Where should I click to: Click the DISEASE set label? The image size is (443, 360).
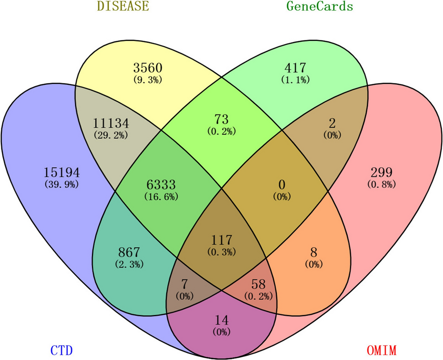123,6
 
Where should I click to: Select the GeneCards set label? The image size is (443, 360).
319,6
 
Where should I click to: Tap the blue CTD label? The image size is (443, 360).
61,351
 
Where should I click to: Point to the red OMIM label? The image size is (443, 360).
381,351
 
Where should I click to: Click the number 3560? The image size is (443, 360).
148,68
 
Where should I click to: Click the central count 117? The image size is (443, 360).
221,239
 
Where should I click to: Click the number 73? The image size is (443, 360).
221,120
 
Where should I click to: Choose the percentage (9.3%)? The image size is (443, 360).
148,80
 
